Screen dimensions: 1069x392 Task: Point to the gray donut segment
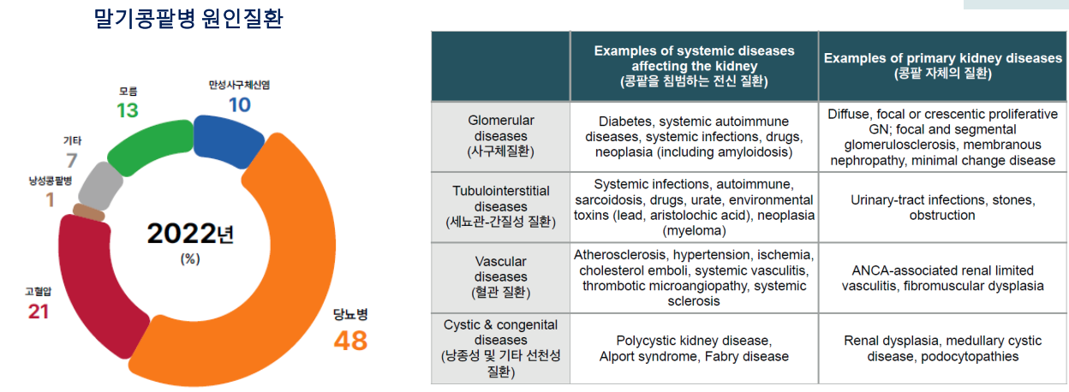click(100, 187)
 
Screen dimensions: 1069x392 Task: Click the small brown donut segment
click(89, 213)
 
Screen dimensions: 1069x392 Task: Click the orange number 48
click(351, 341)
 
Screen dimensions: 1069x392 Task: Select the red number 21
click(39, 312)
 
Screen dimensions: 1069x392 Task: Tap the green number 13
click(128, 110)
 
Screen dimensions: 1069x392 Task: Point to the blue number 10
click(240, 105)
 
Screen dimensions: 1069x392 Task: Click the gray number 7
click(72, 161)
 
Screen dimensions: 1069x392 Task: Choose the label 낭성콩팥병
click(50, 181)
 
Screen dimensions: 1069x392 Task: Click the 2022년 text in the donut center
click(190, 234)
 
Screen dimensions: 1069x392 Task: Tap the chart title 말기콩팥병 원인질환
click(188, 19)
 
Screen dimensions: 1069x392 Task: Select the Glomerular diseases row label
click(500, 136)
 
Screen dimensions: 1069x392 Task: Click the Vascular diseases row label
click(500, 276)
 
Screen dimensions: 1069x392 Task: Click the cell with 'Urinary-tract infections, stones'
click(942, 207)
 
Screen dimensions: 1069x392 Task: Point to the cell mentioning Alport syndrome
click(694, 348)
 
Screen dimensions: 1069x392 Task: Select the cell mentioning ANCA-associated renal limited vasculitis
click(942, 278)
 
